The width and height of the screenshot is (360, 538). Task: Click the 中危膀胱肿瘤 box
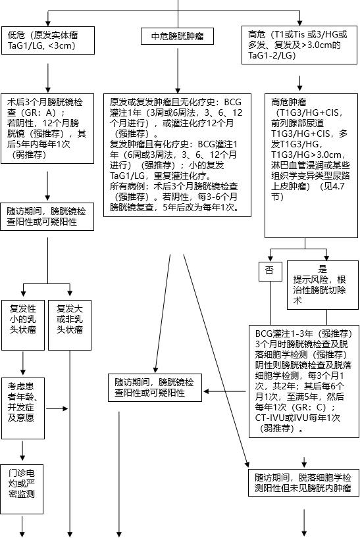tap(178, 37)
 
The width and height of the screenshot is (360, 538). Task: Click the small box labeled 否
tap(269, 270)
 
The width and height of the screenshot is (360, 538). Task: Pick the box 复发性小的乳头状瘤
tap(23, 318)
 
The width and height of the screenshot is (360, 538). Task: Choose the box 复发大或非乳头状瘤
tap(70, 318)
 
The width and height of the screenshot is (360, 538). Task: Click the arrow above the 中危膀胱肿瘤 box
tap(178, 18)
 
